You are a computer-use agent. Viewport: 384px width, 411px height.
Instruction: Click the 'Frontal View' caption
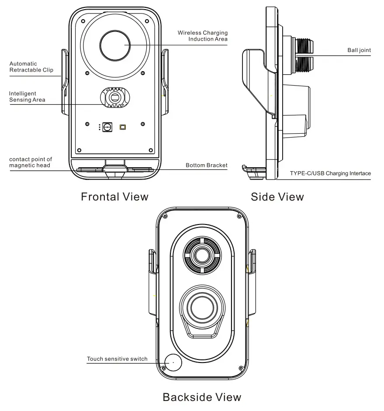(114, 197)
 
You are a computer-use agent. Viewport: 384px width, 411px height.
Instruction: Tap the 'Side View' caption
(277, 197)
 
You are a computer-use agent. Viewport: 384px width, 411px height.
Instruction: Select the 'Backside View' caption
(202, 397)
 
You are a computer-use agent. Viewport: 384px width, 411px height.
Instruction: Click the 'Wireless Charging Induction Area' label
(202, 36)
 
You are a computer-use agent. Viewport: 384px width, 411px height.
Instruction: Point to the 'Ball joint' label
(359, 50)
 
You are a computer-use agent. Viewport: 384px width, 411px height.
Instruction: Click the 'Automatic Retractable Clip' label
(31, 67)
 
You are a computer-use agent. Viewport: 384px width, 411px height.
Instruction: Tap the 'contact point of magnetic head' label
(30, 162)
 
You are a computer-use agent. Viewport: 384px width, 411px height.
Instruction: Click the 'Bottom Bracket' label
(206, 166)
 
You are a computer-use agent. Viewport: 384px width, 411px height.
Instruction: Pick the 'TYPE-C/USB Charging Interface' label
(330, 173)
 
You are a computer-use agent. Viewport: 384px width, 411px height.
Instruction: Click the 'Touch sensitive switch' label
(117, 359)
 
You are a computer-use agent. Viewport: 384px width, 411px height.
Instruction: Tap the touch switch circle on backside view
(173, 362)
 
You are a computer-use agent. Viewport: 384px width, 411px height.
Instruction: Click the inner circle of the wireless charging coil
(115, 45)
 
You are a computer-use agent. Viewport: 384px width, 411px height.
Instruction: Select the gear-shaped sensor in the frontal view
(115, 97)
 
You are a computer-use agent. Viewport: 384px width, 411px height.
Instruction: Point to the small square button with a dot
(107, 127)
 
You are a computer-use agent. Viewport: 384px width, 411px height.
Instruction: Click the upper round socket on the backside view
(202, 255)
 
